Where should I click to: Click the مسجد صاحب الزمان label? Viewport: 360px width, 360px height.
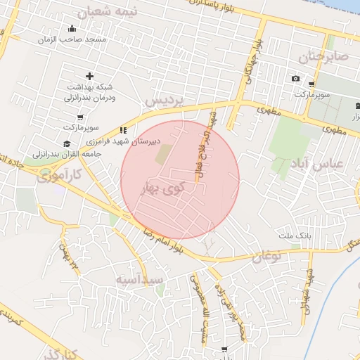click(73, 40)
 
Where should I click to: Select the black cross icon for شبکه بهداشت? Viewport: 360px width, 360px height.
click(89, 76)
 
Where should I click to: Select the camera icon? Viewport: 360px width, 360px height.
click(295, 78)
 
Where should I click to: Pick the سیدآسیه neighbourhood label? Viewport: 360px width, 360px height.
click(140, 280)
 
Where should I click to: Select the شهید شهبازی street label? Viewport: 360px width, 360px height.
click(307, 288)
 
